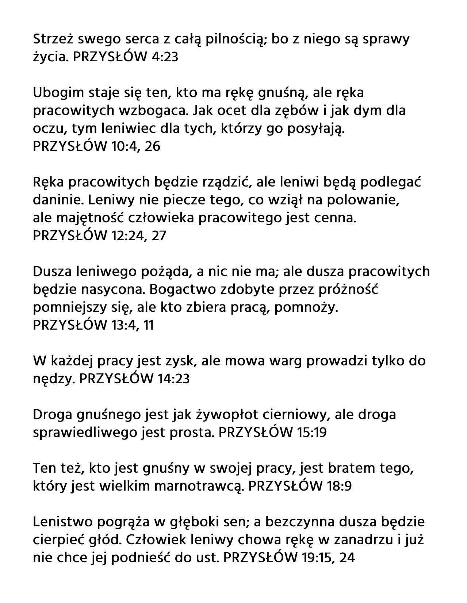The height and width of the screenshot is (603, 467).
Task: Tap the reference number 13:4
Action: coord(120,325)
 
